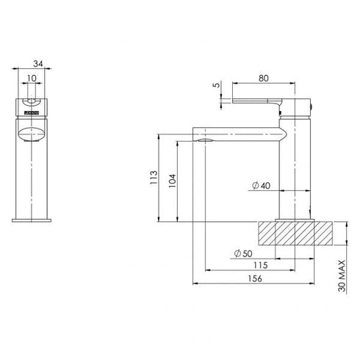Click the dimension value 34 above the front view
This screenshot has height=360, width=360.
[32, 64]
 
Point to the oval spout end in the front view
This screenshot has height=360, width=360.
[31, 134]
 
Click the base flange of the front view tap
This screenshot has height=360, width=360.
[31, 219]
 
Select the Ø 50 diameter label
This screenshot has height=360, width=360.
[242, 253]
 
